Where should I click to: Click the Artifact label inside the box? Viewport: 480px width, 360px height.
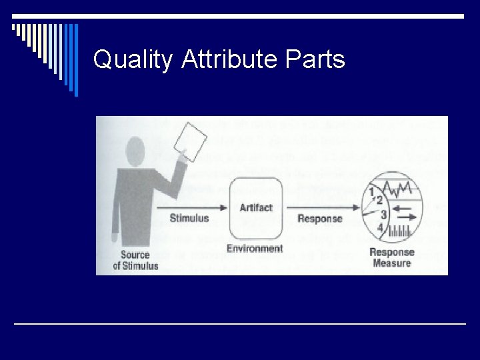pyautogui.click(x=256, y=207)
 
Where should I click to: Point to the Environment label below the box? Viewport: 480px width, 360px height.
pyautogui.click(x=255, y=249)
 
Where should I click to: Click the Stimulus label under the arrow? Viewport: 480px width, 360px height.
pyautogui.click(x=189, y=218)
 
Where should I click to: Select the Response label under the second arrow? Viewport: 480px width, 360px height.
pyautogui.click(x=319, y=219)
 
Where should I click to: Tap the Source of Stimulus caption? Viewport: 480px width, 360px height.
pyautogui.click(x=136, y=261)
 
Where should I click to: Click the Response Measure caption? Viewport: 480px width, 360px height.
pyautogui.click(x=392, y=258)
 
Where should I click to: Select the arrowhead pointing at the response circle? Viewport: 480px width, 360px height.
pyautogui.click(x=353, y=207)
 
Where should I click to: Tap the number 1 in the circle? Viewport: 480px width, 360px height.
pyautogui.click(x=371, y=193)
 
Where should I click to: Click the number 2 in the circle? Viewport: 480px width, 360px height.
pyautogui.click(x=379, y=200)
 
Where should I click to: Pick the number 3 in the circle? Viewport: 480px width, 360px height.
pyautogui.click(x=383, y=215)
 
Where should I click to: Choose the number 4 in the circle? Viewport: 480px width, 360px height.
pyautogui.click(x=380, y=228)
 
